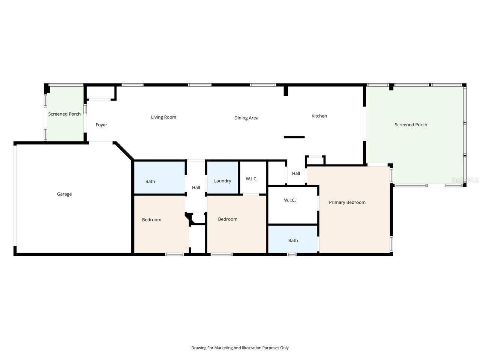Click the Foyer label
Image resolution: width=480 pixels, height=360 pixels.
101,125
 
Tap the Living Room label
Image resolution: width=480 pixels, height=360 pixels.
163,117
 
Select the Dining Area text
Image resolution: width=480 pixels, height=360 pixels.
246,118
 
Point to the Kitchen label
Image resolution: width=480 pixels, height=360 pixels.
319,116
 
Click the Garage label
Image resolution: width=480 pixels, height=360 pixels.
64,194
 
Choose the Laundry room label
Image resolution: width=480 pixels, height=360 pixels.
222,181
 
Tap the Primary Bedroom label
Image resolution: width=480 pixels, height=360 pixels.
347,202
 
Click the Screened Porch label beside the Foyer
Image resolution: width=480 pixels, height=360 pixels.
64,114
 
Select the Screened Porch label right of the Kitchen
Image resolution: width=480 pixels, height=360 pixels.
411,124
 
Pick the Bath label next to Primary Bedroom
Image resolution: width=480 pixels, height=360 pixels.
293,240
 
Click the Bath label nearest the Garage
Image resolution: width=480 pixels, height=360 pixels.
150,181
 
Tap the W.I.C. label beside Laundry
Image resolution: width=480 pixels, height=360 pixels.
251,179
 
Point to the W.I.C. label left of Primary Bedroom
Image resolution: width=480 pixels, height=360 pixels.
289,200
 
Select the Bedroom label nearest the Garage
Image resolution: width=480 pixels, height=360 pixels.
151,220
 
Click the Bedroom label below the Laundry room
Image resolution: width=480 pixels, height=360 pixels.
228,219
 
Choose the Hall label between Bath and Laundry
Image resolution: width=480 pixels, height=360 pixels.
196,187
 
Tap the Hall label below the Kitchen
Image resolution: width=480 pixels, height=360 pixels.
296,173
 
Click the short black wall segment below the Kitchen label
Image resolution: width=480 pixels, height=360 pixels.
294,137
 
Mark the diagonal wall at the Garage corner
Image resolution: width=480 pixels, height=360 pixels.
124,151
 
